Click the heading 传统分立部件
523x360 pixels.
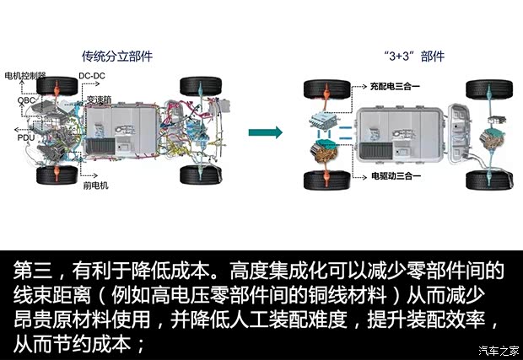[x=116, y=56]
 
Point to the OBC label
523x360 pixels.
[x=15, y=99]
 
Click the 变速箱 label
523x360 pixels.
[x=97, y=98]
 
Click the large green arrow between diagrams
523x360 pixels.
[x=266, y=132]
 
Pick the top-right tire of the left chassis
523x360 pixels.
[x=201, y=87]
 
